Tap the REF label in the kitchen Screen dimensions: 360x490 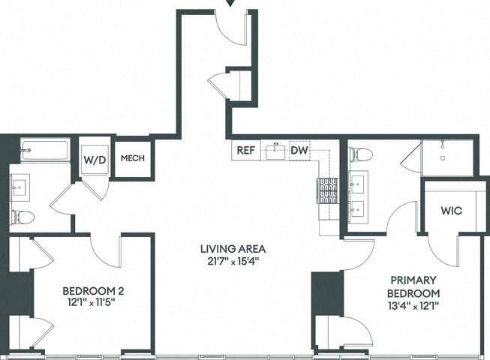coord(245,150)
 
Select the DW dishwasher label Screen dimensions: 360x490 coord(299,150)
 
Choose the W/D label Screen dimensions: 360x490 coord(95,159)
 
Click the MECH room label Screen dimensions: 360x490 coord(132,158)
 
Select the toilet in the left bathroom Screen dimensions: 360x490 coord(23,217)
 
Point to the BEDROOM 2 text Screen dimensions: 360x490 coord(93,290)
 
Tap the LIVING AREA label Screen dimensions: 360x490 coord(233,250)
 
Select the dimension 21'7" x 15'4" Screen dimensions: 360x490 coord(233,262)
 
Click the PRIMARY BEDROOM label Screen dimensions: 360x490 coord(414,286)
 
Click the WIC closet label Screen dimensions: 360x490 coord(451,211)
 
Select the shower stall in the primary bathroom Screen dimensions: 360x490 coord(447,157)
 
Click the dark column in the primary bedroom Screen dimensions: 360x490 coord(327,293)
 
